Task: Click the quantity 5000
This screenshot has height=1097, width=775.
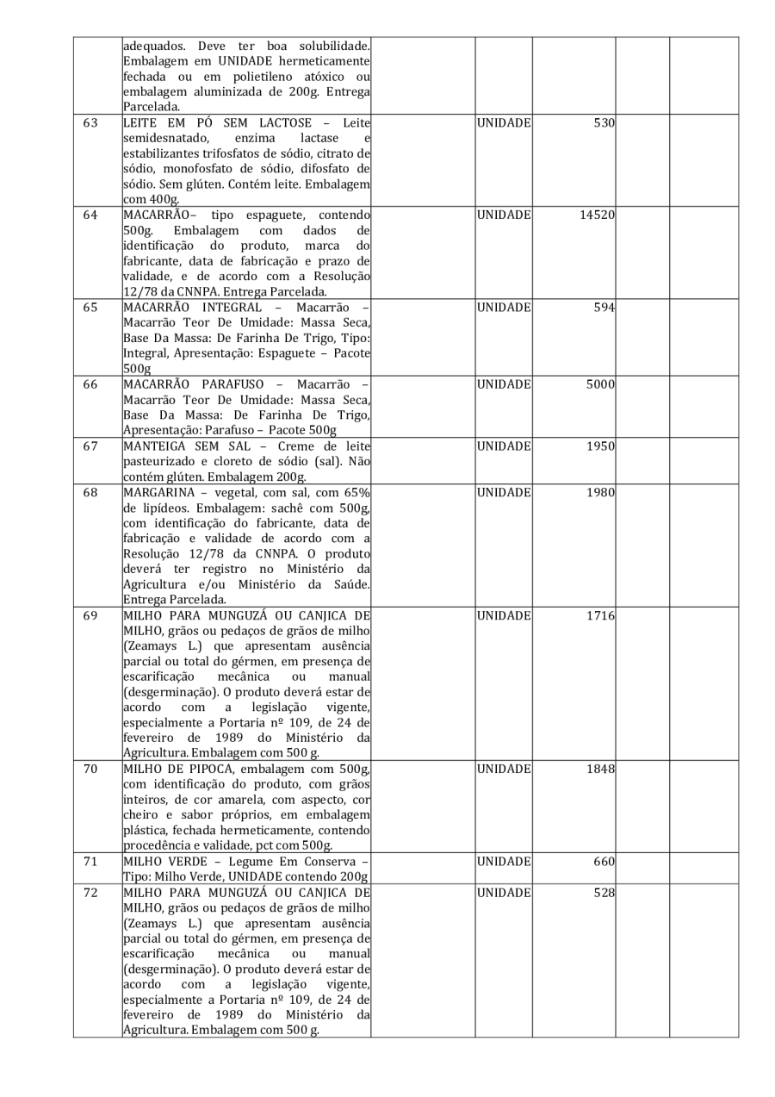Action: (x=598, y=384)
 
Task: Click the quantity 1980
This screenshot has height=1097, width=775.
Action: (x=598, y=492)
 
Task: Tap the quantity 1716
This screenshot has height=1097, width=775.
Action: (x=598, y=616)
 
